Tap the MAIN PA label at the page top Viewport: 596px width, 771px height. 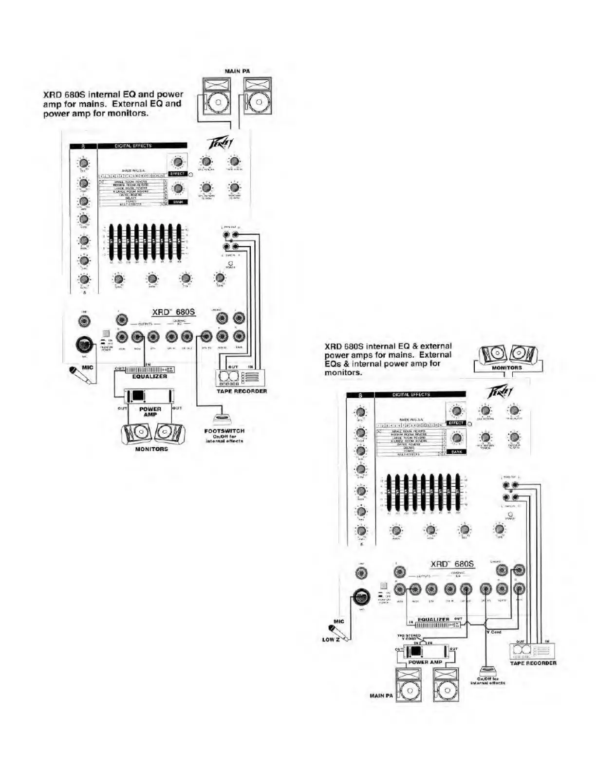(238, 72)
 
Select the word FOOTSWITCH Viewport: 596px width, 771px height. (224, 431)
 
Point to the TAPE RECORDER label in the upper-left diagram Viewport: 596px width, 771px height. (242, 391)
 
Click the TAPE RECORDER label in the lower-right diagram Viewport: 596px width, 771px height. (533, 663)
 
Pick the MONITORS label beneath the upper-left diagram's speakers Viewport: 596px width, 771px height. (151, 449)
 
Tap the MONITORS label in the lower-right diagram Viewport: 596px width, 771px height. (506, 368)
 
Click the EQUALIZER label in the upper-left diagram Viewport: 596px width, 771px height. (149, 376)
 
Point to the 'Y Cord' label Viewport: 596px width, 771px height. (494, 632)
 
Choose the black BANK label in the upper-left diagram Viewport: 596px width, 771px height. (177, 202)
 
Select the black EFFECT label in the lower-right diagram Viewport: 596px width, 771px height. (456, 423)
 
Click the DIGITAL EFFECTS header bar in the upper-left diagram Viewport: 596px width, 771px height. (142, 146)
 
